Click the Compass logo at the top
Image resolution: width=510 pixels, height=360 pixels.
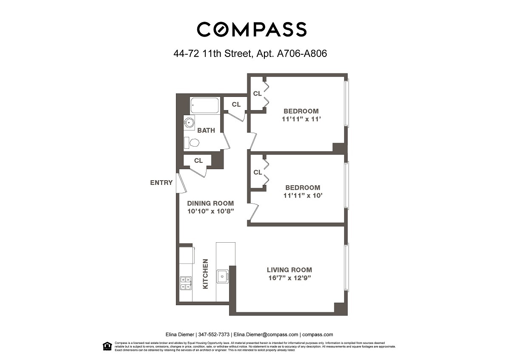[251, 29]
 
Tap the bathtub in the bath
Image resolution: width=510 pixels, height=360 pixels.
[205, 105]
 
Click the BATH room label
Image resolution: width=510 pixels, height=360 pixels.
[206, 130]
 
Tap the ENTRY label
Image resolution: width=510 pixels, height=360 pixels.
[161, 183]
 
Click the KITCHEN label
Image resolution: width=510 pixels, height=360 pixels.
[205, 274]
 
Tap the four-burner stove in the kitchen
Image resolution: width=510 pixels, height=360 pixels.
[186, 283]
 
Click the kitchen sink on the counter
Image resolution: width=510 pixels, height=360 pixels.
[222, 277]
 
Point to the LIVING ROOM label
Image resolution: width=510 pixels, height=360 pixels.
[289, 270]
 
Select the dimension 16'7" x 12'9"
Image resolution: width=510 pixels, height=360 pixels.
[289, 278]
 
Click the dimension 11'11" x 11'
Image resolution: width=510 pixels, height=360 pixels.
[301, 119]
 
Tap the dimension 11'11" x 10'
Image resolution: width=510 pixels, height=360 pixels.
[303, 196]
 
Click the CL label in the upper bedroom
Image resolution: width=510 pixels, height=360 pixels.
[258, 94]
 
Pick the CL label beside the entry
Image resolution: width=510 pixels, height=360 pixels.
[198, 161]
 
